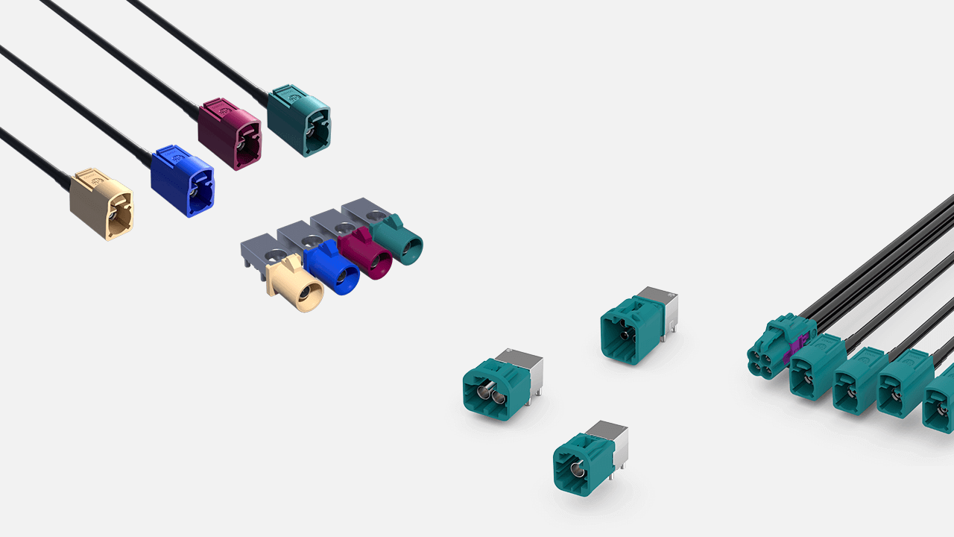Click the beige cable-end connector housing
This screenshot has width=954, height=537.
pos(101,202)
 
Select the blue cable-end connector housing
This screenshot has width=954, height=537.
pos(182,180)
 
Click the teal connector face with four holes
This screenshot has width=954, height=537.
pos(765,360)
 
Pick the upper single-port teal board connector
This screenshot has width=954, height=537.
pos(631,328)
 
